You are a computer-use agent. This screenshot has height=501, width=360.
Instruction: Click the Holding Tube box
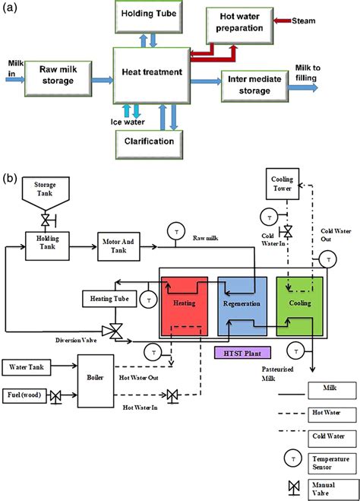coord(149,17)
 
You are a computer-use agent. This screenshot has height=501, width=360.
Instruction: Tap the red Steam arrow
coord(283,21)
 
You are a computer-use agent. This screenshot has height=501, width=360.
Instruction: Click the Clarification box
coord(149,144)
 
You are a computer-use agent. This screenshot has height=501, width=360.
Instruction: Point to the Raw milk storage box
coord(58,78)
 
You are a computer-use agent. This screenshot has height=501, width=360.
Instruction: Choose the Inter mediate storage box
coord(254,86)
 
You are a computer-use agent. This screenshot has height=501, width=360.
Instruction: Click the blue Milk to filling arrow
coord(303,87)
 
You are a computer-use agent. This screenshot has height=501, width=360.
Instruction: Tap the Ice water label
coord(128,122)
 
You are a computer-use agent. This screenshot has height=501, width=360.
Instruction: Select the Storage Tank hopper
coord(46,193)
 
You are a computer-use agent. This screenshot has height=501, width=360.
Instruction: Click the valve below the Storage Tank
coord(46,220)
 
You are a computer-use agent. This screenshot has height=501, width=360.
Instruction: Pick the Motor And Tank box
coord(118,246)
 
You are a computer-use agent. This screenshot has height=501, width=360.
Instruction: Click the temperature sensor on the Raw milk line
coord(176,232)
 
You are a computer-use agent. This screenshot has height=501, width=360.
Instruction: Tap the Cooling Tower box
coord(283,184)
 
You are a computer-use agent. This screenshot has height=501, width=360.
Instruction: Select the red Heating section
coord(185,306)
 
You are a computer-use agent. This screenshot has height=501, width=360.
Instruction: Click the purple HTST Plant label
coord(242,353)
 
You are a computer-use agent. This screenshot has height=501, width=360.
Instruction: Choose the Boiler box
coord(96,381)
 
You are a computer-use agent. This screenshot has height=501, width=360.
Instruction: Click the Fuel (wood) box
coord(24,395)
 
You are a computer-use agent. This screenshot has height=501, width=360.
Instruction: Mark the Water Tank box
coord(27,367)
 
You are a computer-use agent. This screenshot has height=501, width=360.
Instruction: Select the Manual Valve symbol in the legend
coord(294,487)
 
